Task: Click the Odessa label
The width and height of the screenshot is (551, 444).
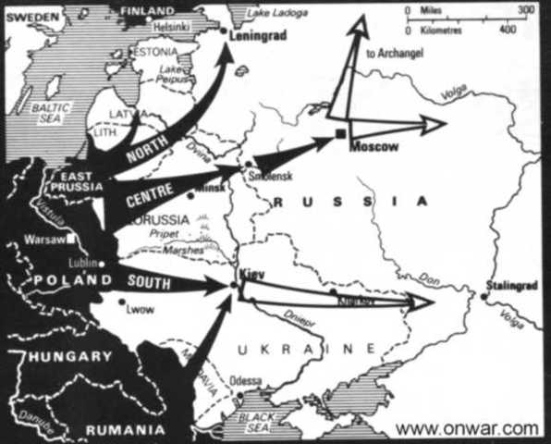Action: (x=251, y=381)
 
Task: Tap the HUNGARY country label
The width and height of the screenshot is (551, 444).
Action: (x=66, y=356)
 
